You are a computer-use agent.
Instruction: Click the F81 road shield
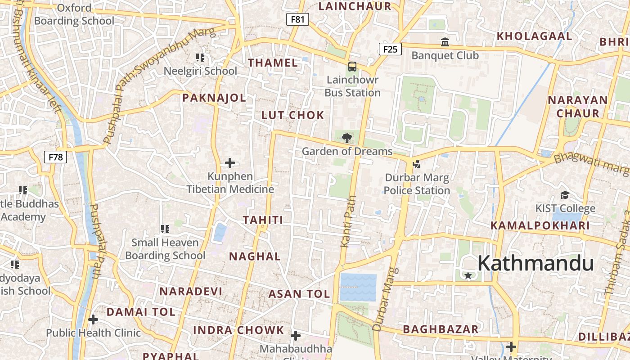coord(297,19)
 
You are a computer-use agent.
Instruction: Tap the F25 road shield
coord(390,49)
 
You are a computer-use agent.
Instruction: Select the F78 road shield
coord(55,157)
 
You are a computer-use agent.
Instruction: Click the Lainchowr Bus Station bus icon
coord(352,67)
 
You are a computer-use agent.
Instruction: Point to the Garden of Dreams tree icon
coord(346,138)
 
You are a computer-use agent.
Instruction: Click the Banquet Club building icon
coord(445,42)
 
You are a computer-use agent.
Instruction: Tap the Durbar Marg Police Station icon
coord(417,164)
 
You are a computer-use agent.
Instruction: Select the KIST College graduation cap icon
coord(565,195)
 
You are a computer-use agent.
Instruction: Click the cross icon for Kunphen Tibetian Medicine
coord(230,162)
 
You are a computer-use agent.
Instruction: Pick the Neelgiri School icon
coord(200,57)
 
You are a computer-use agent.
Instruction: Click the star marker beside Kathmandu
coord(468,275)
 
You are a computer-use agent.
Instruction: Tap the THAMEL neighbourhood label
coord(273,63)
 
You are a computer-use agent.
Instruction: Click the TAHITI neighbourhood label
coord(263,220)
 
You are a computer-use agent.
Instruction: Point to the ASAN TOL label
coord(299,294)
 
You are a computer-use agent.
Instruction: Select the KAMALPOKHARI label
coord(540,225)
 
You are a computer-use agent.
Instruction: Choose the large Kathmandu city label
coord(535,263)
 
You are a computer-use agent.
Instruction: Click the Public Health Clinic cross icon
coord(93,319)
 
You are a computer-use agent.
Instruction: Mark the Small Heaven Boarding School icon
coord(165,229)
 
